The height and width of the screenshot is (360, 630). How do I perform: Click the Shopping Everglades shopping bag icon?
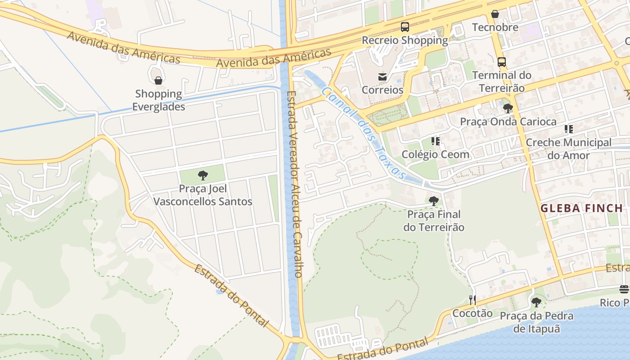(x=158, y=81)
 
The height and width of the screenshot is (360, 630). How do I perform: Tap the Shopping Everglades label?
(x=158, y=100)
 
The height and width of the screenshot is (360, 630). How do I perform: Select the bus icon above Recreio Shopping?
(x=405, y=27)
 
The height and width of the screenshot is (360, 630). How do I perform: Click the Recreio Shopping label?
(x=405, y=40)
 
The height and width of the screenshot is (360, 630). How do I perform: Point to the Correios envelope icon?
(x=382, y=76)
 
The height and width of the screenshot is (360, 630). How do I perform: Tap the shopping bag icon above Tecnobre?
(x=495, y=14)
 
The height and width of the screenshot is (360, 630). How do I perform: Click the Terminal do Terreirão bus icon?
(x=502, y=62)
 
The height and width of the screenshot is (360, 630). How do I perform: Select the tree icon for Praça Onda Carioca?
(x=508, y=108)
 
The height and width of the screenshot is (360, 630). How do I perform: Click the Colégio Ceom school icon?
(x=435, y=141)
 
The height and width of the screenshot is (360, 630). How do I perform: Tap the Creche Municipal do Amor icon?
(x=569, y=130)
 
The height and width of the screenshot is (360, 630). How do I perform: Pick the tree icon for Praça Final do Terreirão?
(x=434, y=201)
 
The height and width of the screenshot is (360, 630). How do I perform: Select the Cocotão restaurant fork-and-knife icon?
(x=472, y=300)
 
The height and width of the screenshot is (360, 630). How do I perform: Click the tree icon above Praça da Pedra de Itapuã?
(x=536, y=302)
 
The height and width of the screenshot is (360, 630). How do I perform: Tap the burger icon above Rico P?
(x=624, y=289)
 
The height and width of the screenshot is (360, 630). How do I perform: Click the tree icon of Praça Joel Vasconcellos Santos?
(x=203, y=175)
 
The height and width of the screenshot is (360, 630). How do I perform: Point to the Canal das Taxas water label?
(x=365, y=133)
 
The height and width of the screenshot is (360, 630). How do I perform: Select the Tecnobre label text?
(x=495, y=27)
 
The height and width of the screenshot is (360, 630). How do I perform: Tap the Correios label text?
(x=382, y=90)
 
